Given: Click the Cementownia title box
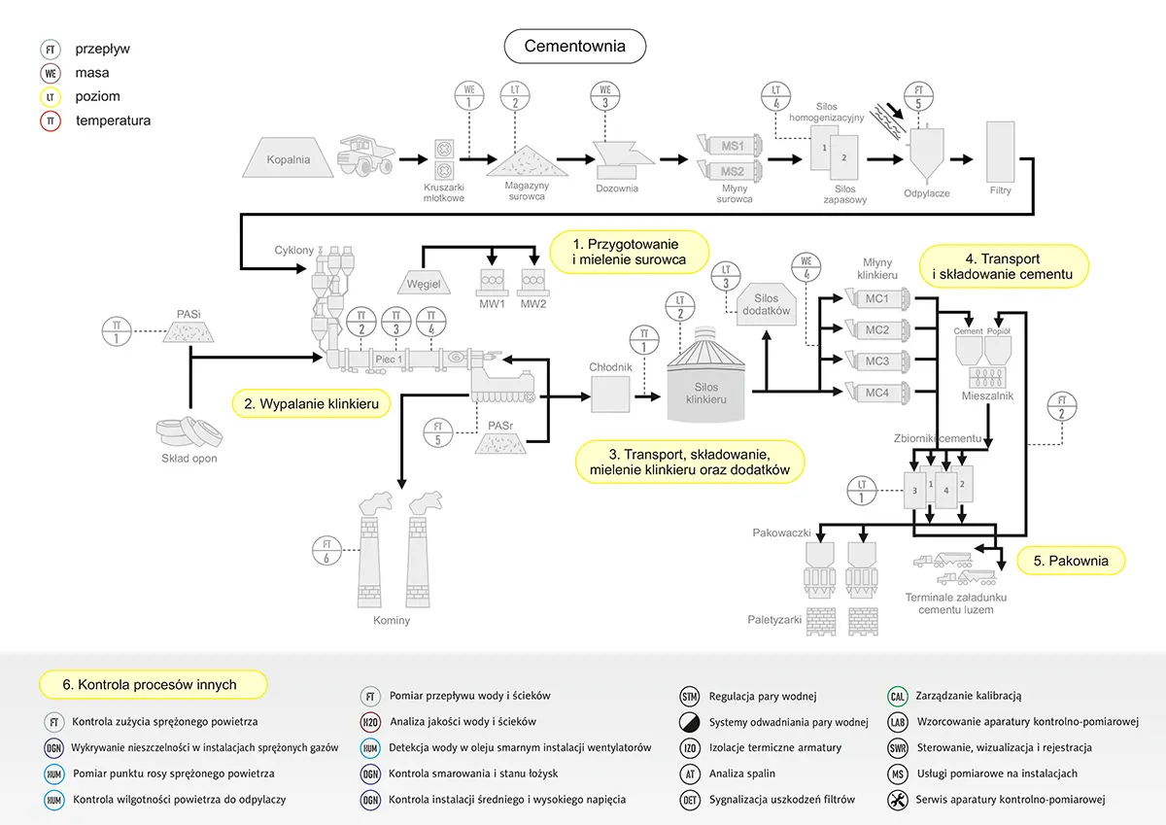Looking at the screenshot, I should [x=574, y=46].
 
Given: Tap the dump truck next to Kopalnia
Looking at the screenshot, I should [x=364, y=157].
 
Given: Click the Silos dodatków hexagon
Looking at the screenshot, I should [x=766, y=303].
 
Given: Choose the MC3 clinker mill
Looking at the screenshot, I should [x=876, y=361].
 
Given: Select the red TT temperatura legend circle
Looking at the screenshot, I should [x=51, y=120].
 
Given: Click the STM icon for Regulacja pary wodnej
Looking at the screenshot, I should [x=690, y=696].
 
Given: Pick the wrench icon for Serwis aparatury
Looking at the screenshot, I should [x=898, y=800].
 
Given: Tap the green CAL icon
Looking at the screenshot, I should [x=898, y=696].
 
